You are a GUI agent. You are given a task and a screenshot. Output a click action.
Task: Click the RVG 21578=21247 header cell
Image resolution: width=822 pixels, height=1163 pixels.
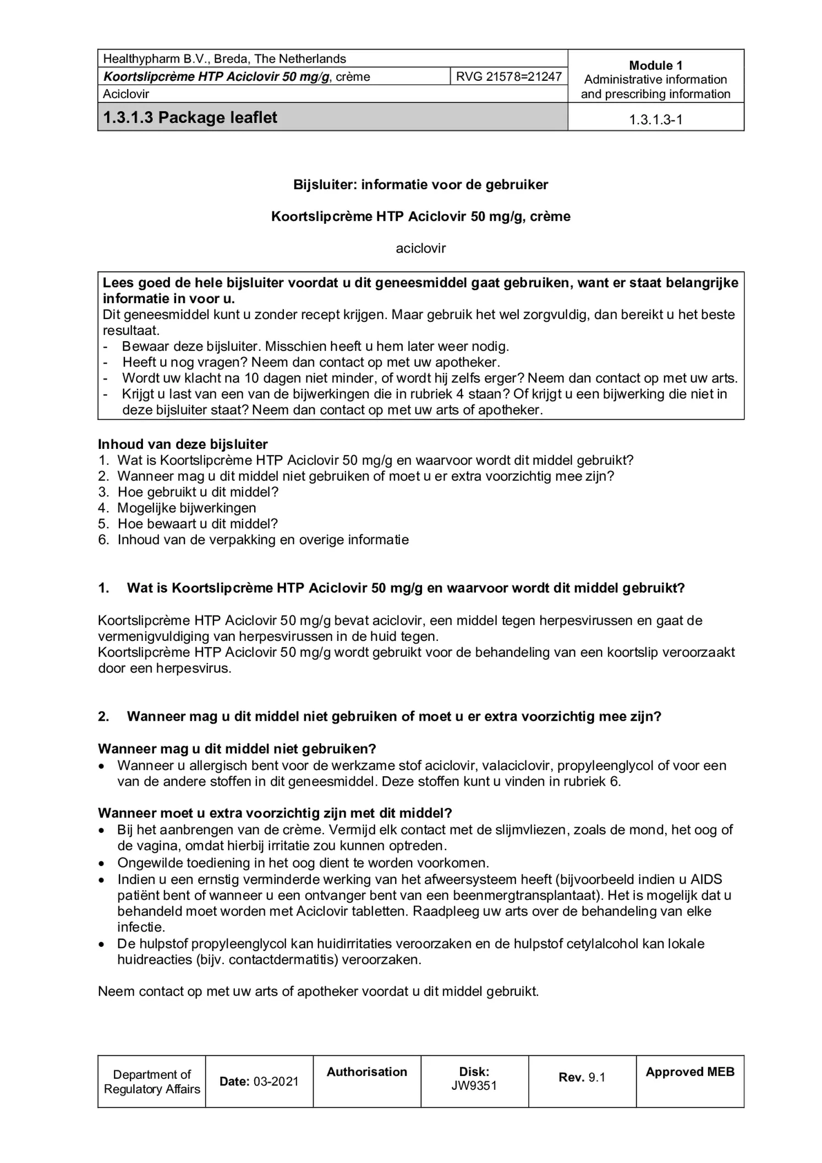(508, 76)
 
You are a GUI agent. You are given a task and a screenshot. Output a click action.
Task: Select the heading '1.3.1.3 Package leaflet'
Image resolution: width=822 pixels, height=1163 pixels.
(190, 117)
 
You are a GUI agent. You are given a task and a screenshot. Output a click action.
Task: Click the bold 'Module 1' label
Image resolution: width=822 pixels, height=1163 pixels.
(655, 65)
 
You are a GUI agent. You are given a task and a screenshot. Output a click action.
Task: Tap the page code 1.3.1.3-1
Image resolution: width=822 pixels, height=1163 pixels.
(655, 119)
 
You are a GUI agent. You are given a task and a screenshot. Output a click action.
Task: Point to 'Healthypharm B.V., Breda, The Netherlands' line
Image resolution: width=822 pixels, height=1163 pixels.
(224, 59)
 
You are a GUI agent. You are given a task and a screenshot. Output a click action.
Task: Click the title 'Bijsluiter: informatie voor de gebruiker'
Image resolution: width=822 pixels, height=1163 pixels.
(420, 184)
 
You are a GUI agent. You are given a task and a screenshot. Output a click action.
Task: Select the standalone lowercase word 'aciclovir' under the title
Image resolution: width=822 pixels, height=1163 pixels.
(420, 248)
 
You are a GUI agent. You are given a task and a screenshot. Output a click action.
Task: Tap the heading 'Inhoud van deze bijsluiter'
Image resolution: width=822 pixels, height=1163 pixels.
(183, 444)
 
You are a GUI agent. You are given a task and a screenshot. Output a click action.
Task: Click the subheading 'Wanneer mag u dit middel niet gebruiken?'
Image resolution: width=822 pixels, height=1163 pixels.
(237, 749)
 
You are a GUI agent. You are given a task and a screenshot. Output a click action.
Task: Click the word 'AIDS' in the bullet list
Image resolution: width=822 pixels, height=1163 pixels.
(706, 879)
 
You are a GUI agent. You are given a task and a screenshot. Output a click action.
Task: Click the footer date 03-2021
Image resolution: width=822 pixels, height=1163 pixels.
(276, 1081)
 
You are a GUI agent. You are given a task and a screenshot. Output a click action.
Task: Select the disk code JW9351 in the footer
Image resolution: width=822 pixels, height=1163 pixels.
(474, 1086)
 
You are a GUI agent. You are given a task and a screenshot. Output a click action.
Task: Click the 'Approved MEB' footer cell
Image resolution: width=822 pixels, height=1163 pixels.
(689, 1072)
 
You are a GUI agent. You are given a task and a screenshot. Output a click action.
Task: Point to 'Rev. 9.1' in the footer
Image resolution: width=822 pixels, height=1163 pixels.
(582, 1077)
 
